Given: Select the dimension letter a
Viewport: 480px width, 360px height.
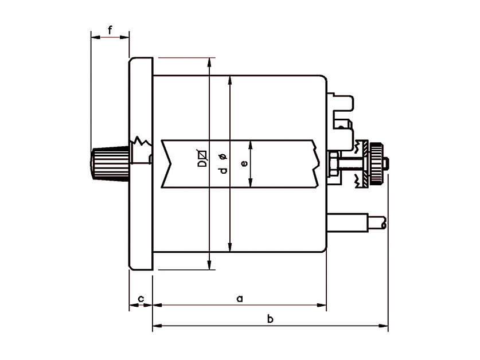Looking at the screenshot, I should tap(240, 298).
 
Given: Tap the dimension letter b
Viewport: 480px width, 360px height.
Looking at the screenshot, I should tap(270, 319).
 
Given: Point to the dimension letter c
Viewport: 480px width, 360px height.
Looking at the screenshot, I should tap(141, 298).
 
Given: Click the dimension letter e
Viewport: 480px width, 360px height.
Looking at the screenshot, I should tap(244, 164).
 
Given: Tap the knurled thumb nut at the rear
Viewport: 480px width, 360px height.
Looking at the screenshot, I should tap(375, 163).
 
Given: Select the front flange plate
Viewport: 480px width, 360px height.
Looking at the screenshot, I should tap(141, 164).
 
